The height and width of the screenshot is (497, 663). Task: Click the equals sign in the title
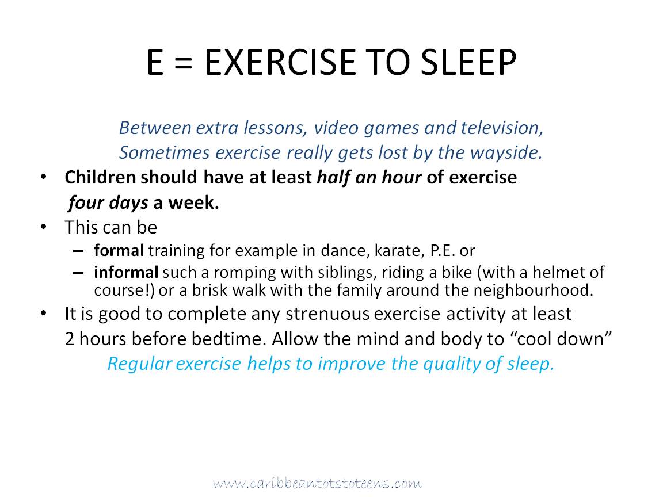(183, 63)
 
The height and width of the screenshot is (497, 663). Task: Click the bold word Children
(100, 177)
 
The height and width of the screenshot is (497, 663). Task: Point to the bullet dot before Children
(44, 177)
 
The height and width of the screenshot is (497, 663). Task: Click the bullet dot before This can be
(44, 227)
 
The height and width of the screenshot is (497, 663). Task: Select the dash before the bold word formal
(78, 251)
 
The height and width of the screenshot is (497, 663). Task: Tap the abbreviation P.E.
(443, 251)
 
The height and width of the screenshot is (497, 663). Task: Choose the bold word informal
(126, 272)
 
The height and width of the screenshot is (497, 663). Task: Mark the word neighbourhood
(533, 290)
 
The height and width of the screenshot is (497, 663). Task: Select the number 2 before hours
(70, 339)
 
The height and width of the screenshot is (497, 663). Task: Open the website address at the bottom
(317, 483)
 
